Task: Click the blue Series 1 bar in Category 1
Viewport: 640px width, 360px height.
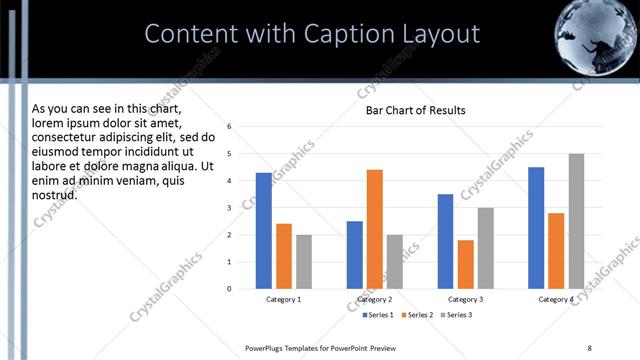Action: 264,231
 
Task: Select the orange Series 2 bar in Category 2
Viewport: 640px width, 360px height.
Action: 375,229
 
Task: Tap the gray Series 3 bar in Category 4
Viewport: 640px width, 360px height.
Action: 576,221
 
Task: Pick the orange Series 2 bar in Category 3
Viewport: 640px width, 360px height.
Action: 465,264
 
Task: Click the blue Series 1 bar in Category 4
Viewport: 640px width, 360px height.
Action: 536,228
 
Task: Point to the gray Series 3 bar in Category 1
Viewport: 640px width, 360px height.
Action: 304,262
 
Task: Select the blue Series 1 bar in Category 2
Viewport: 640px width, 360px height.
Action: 355,255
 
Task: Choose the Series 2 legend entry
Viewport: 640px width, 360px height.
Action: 416,315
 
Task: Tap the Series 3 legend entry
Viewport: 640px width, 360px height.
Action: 457,315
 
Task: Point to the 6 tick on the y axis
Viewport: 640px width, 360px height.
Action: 229,127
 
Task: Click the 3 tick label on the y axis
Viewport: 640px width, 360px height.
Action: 229,208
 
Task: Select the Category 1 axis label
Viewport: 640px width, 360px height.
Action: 284,299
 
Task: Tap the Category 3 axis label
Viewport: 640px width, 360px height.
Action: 466,299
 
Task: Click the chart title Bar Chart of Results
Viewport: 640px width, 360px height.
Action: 415,109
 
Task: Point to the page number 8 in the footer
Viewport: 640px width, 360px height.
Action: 589,347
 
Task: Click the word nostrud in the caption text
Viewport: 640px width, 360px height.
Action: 54,194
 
